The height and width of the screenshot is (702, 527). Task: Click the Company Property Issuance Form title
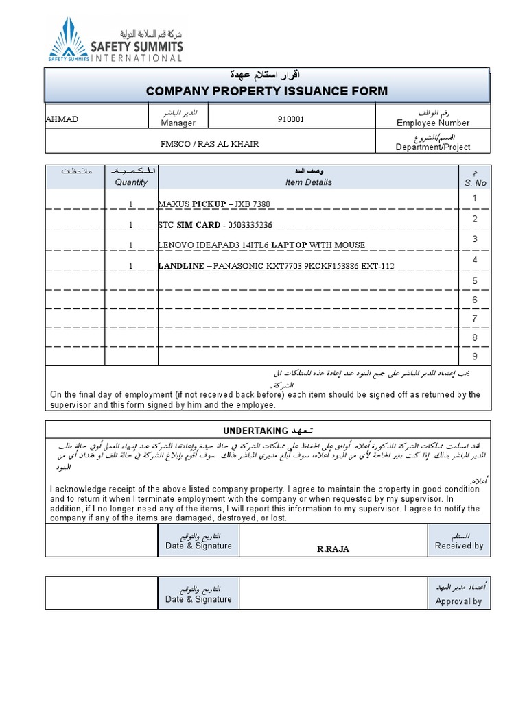coord(267,91)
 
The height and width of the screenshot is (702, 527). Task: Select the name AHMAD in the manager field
coord(62,119)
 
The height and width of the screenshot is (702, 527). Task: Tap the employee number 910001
coord(290,119)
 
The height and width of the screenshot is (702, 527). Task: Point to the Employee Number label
coord(433,123)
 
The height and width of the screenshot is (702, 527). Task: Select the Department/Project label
coord(433,147)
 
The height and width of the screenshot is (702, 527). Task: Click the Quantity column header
coord(131,182)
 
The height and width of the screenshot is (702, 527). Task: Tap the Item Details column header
coord(308,182)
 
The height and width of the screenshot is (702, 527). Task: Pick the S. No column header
coord(475,182)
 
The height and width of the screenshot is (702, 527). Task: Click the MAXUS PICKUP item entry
coord(214,204)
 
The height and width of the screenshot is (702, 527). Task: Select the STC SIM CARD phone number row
coord(215,225)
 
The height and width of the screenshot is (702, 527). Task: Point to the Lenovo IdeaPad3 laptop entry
coord(261,245)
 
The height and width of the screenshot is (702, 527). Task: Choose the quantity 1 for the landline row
coord(130,265)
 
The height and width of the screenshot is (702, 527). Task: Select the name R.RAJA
coord(333,549)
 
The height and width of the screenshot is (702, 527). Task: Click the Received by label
coord(459,546)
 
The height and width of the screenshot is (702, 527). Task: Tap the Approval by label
coord(459,601)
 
